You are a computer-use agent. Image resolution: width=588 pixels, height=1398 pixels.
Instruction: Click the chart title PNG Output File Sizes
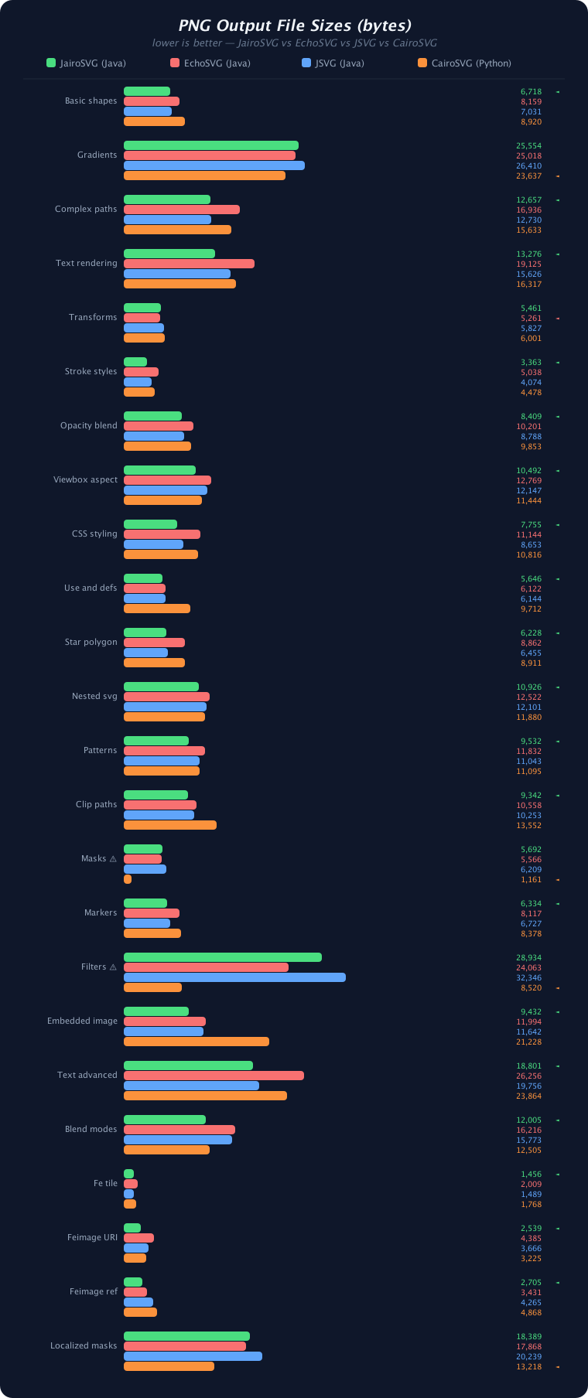pyautogui.click(x=295, y=26)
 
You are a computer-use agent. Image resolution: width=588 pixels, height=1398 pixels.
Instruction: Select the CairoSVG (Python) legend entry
pyautogui.click(x=464, y=63)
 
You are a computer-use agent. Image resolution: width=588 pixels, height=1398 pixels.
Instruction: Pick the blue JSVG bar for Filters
pyautogui.click(x=234, y=977)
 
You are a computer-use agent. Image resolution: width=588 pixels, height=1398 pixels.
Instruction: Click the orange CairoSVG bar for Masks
pyautogui.click(x=128, y=879)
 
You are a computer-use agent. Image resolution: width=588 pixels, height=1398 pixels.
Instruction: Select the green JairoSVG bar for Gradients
pyautogui.click(x=210, y=145)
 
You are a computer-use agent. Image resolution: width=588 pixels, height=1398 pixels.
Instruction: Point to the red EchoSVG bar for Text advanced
pyautogui.click(x=214, y=1076)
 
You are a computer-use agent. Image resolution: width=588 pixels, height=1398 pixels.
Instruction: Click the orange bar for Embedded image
pyautogui.click(x=197, y=1042)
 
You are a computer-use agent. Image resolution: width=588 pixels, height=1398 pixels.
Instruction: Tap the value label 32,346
pyautogui.click(x=529, y=977)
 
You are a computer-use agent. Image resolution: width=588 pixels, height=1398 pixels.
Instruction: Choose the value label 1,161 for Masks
pyautogui.click(x=531, y=879)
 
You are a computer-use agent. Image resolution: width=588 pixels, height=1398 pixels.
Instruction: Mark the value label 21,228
pyautogui.click(x=529, y=1042)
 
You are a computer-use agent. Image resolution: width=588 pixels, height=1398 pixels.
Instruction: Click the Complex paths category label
pyautogui.click(x=86, y=209)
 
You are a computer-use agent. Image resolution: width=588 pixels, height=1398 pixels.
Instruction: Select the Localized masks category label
pyautogui.click(x=84, y=1345)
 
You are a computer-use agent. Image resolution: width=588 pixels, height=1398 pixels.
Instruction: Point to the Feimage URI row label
pyautogui.click(x=92, y=1237)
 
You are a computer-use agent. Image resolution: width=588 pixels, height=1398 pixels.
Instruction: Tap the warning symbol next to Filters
pyautogui.click(x=113, y=967)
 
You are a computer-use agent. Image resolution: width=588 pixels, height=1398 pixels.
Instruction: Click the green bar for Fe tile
pyautogui.click(x=128, y=1174)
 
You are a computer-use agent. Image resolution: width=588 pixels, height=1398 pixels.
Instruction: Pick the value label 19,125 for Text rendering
pyautogui.click(x=529, y=264)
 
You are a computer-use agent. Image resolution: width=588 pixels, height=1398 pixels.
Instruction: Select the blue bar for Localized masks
pyautogui.click(x=193, y=1356)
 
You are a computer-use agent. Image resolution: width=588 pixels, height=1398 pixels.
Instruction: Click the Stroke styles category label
pyautogui.click(x=91, y=371)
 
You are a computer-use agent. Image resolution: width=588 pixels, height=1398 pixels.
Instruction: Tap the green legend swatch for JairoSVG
pyautogui.click(x=51, y=63)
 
